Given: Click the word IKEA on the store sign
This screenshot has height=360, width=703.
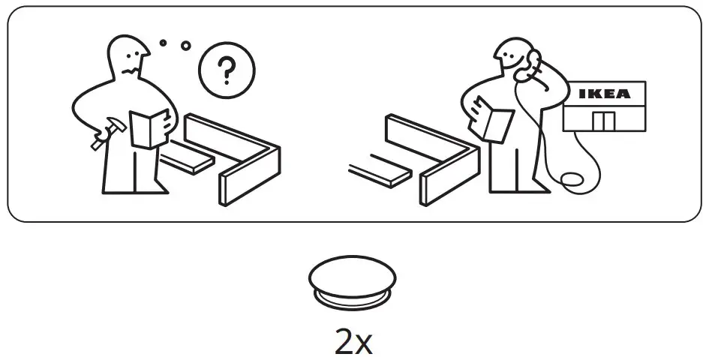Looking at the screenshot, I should tap(603, 94).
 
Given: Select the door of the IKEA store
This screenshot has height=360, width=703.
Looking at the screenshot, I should tap(602, 120).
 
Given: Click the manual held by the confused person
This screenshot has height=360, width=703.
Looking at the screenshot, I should tap(149, 127).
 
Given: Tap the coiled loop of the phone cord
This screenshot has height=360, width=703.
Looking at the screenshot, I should tap(572, 181).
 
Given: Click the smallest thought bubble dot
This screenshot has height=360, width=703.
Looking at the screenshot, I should tap(163, 43).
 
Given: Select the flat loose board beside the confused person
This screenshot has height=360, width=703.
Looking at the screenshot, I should tap(184, 158).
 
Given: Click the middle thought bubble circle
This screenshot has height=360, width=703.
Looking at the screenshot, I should tap(185, 46).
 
